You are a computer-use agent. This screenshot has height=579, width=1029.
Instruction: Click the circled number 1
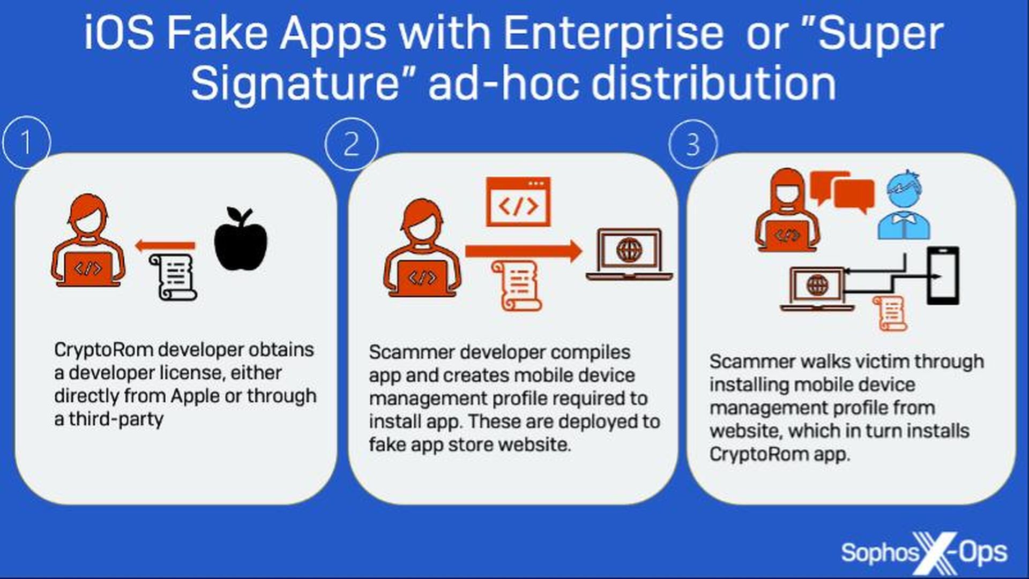tap(26, 142)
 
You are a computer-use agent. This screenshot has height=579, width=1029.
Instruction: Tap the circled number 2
tap(351, 144)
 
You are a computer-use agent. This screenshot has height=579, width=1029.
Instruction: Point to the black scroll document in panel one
tap(173, 277)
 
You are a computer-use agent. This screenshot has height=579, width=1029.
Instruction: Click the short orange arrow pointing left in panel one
tap(165, 246)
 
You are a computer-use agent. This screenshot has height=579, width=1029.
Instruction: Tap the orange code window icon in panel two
tap(518, 201)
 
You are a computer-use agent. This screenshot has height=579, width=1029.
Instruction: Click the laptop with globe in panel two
tap(629, 254)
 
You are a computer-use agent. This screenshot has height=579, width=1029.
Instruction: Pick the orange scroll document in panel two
tap(516, 285)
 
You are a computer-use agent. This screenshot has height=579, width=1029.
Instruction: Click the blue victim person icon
tap(904, 205)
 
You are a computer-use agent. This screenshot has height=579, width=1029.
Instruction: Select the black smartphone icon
tap(943, 275)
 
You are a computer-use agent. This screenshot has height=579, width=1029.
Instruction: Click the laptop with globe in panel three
tap(817, 289)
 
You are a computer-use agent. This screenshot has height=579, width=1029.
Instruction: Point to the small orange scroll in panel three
tap(890, 313)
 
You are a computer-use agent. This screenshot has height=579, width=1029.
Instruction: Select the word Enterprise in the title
tap(613, 33)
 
